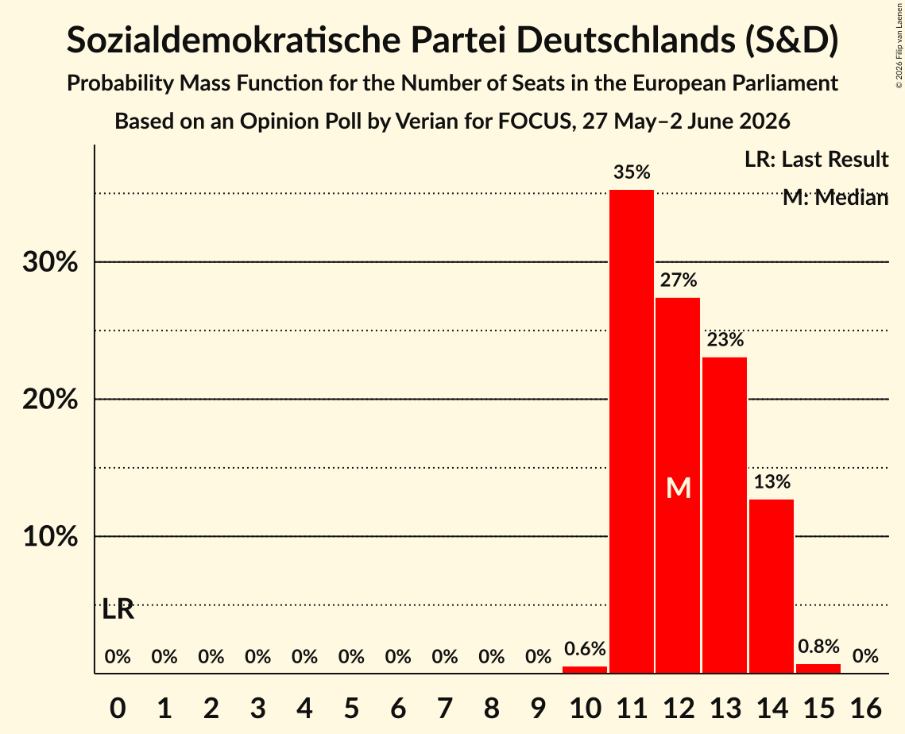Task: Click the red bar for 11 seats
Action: pyautogui.click(x=632, y=431)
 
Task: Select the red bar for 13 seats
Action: pyautogui.click(x=725, y=515)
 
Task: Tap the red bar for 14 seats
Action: pyautogui.click(x=771, y=585)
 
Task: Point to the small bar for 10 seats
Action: pyautogui.click(x=585, y=670)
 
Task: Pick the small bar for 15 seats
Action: pyautogui.click(x=818, y=668)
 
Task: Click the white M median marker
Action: pyautogui.click(x=679, y=489)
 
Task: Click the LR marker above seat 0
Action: pyautogui.click(x=118, y=609)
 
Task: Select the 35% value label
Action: pyautogui.click(x=632, y=172)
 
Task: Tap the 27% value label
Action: pyautogui.click(x=679, y=280)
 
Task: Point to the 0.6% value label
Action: pyautogui.click(x=585, y=648)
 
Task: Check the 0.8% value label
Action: pyautogui.click(x=818, y=647)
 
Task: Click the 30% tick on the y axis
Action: pyautogui.click(x=50, y=263)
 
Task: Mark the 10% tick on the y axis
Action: pyautogui.click(x=50, y=537)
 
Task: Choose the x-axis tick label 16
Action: pyautogui.click(x=865, y=708)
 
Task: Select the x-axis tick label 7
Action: pyautogui.click(x=444, y=708)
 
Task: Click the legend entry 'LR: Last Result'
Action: pyautogui.click(x=816, y=159)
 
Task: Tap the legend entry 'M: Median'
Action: pyautogui.click(x=835, y=198)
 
